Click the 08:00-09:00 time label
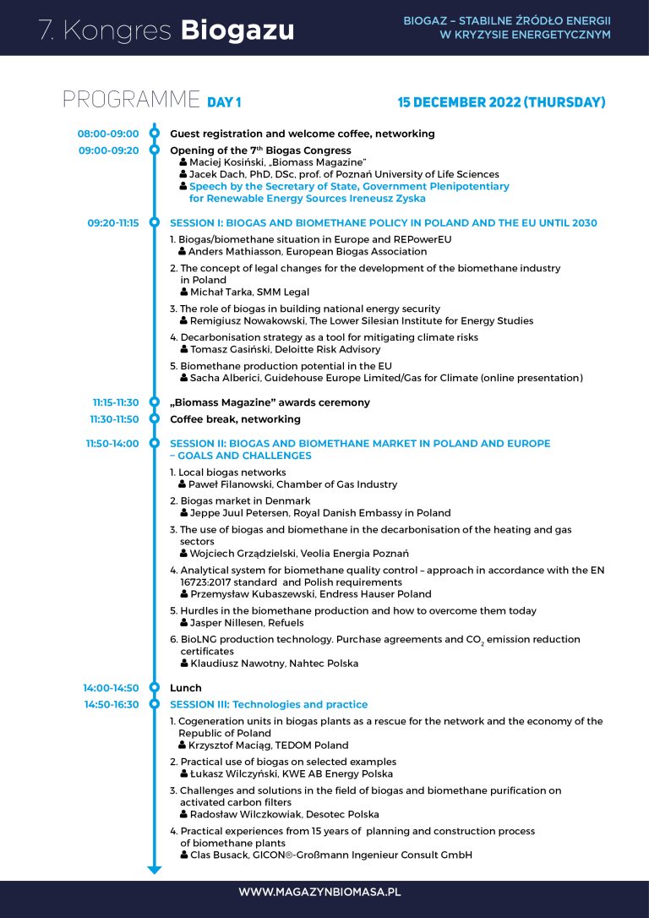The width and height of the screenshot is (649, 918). (108, 134)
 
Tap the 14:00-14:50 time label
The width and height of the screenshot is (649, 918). (111, 688)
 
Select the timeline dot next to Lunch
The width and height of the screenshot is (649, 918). (154, 688)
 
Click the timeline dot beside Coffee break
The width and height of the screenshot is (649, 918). (154, 418)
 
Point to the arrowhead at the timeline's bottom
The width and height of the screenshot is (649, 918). (154, 868)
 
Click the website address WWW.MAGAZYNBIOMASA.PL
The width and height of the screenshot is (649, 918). (319, 892)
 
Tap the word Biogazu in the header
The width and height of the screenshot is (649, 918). (237, 30)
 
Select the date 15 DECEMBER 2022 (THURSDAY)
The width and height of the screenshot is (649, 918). (501, 102)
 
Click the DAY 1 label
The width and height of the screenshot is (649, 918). (224, 103)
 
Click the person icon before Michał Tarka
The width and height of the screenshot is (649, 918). (184, 292)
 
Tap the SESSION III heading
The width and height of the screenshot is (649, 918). (269, 704)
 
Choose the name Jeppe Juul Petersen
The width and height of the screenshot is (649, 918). (244, 513)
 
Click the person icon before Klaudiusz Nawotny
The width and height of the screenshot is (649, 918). (184, 664)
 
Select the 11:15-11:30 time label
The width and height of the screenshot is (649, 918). (116, 403)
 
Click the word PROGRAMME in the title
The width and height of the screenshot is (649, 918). (131, 100)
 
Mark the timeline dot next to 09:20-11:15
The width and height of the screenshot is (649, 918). (154, 223)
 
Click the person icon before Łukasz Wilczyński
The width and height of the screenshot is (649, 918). (184, 773)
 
